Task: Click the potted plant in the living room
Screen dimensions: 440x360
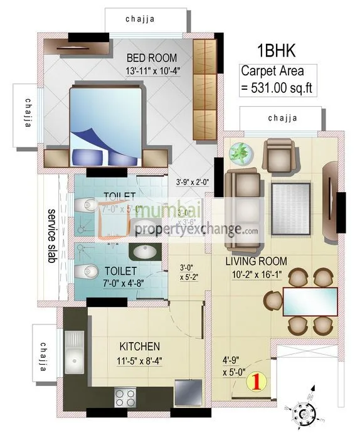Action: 239,153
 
